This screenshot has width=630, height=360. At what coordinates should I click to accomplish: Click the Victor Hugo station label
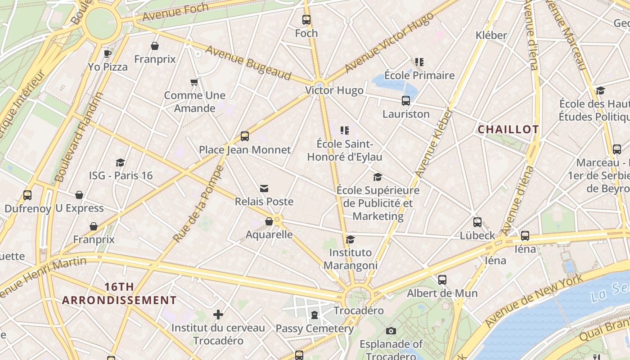click(334, 90)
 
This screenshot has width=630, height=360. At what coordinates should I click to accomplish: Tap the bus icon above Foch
click(306, 20)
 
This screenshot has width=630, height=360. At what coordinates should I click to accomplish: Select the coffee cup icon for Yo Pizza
click(108, 54)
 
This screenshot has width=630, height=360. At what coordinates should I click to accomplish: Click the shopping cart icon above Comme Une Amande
click(194, 82)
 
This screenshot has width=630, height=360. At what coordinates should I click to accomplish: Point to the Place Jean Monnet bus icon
click(245, 136)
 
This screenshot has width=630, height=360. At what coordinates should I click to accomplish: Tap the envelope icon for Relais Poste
click(264, 188)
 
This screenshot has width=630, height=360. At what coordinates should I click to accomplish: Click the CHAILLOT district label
click(508, 130)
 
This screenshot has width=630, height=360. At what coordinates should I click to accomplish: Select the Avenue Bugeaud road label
click(248, 63)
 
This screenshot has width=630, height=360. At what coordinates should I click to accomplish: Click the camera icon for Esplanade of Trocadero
click(391, 331)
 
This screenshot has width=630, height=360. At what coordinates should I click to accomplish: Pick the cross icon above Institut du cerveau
click(218, 314)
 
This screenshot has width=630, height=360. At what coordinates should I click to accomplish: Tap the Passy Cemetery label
click(315, 328)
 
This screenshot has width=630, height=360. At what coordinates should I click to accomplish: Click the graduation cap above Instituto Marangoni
click(350, 239)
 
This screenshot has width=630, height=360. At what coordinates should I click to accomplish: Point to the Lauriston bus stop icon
click(406, 101)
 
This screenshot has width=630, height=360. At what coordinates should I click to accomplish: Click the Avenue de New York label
click(534, 301)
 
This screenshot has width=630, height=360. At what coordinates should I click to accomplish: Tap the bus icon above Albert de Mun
click(442, 280)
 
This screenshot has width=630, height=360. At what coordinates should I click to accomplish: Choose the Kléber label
click(491, 35)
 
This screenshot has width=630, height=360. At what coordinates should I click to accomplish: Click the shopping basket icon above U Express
click(79, 195)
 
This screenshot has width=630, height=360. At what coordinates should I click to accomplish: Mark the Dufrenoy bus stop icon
click(27, 195)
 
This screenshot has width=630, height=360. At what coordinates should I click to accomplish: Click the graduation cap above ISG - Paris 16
click(120, 162)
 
